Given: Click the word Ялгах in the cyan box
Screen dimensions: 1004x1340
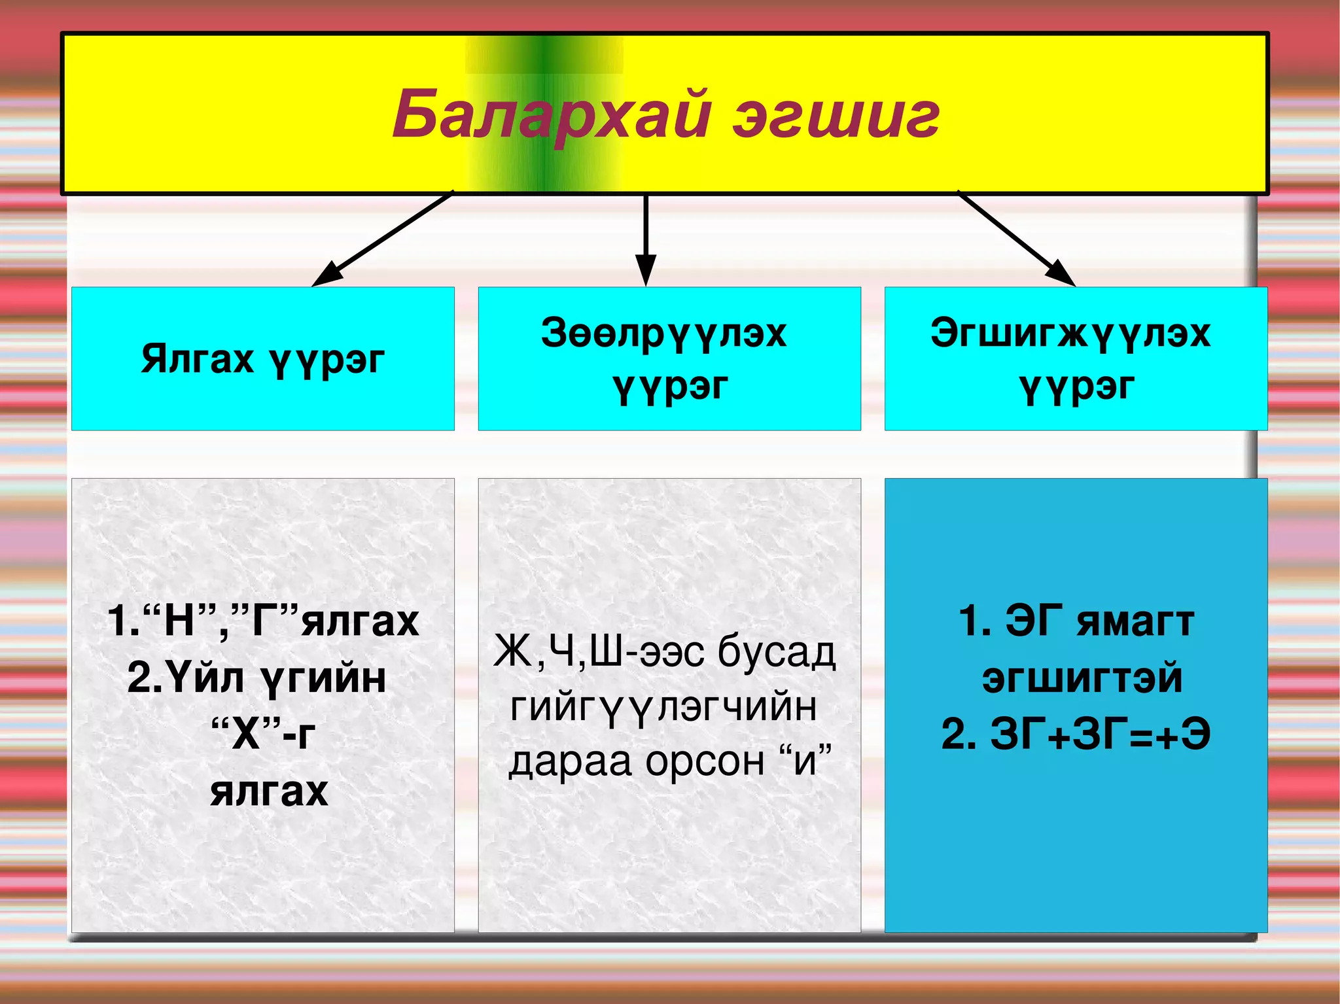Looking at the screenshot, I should tap(197, 359).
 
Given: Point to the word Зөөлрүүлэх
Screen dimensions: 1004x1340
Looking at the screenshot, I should tap(663, 333).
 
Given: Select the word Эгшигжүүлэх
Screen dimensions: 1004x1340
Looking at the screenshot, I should tap(1070, 333).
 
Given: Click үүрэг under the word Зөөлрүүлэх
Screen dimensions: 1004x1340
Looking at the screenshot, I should tap(670, 387).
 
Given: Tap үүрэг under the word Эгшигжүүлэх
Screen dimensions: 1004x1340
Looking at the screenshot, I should tap(1076, 387).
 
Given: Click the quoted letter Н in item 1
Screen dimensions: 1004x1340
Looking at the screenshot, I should tap(179, 621).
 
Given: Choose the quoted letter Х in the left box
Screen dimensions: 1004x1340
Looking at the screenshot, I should tap(245, 735).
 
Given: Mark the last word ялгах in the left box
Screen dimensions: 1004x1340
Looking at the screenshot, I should tap(269, 791).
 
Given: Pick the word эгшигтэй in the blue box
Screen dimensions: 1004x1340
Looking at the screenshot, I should tap(1082, 678).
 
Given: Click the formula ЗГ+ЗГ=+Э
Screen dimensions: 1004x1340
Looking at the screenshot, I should tap(1099, 735).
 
